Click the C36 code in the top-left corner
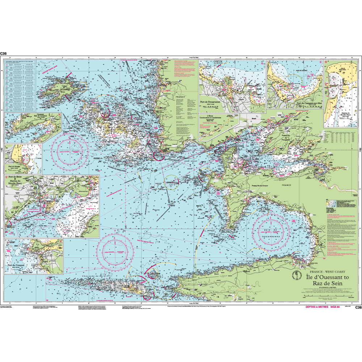pyautogui.click(x=4, y=54)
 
